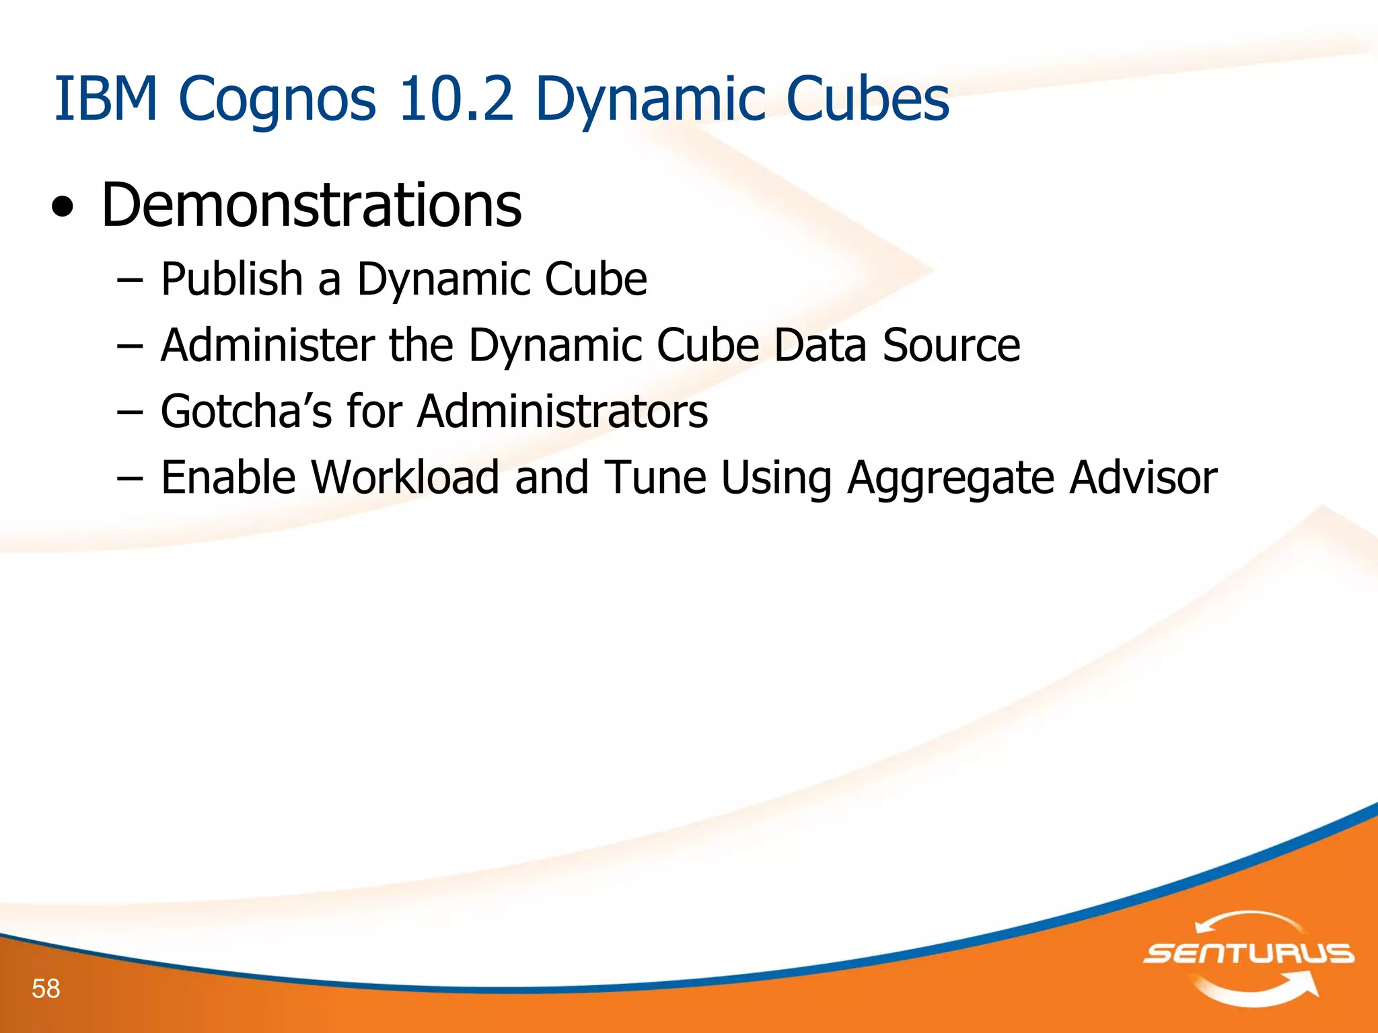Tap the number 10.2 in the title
point(456,100)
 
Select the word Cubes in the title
point(867,100)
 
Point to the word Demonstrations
point(311,205)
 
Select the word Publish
point(231,279)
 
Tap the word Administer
point(267,345)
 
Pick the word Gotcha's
point(246,411)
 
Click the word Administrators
point(562,411)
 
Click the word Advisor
point(1143,477)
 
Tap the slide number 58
point(46,989)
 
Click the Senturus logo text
point(1248,954)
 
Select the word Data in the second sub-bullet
point(820,345)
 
